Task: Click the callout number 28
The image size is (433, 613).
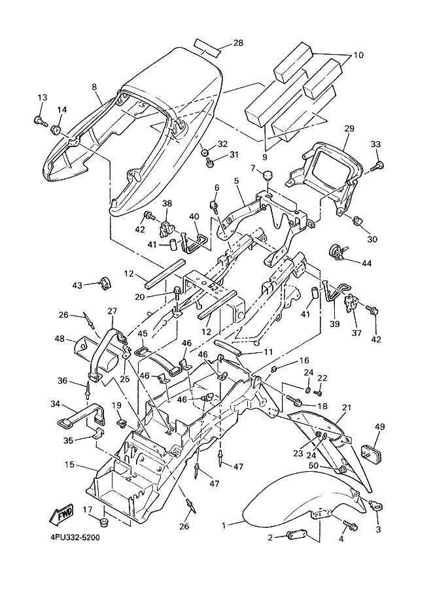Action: click(238, 43)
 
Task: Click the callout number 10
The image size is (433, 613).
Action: click(358, 56)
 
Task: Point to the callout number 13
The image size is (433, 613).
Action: click(42, 98)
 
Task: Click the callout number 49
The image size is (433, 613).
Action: click(380, 426)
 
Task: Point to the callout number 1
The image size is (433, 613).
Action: click(224, 525)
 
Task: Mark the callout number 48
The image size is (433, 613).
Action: click(60, 339)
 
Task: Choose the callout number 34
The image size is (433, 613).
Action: click(55, 405)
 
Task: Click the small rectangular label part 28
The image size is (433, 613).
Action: click(207, 49)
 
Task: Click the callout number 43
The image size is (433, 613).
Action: click(77, 285)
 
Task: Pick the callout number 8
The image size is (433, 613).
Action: click(94, 87)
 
